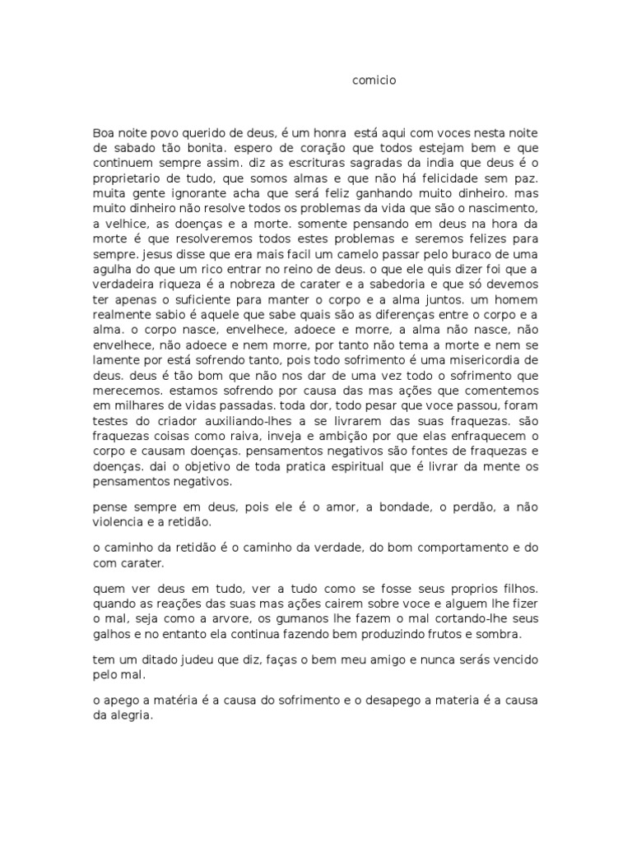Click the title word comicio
point(374,81)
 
